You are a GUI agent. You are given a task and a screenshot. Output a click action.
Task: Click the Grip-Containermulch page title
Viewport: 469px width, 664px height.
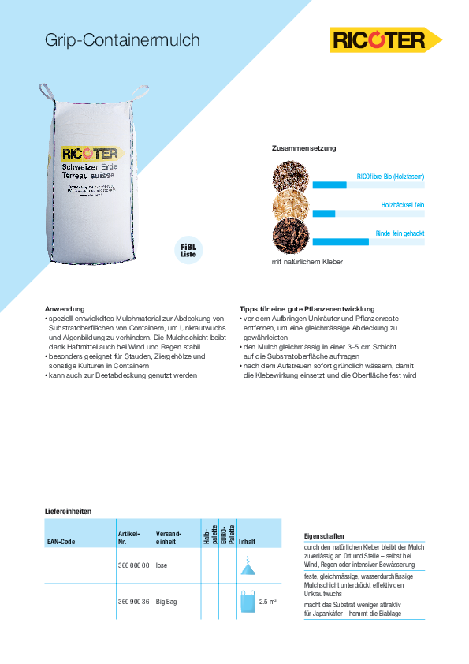click(x=122, y=40)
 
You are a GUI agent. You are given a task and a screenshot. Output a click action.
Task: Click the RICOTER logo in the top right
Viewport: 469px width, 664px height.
click(x=385, y=39)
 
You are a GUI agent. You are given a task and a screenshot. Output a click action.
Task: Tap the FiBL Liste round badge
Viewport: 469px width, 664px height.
click(x=188, y=251)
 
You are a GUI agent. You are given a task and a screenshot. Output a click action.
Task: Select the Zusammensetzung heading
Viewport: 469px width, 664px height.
click(x=303, y=148)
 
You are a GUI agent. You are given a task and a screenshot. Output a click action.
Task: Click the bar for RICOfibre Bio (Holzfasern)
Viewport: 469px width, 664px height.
click(x=329, y=185)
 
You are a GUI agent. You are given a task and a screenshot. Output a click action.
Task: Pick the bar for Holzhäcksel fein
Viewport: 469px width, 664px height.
click(x=324, y=214)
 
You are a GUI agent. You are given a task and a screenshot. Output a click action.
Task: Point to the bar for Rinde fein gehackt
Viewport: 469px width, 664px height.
click(x=341, y=241)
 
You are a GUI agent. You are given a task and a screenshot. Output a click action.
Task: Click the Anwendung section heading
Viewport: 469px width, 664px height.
click(x=65, y=308)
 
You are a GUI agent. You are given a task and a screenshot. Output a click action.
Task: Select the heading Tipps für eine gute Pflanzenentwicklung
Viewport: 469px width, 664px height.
click(x=307, y=308)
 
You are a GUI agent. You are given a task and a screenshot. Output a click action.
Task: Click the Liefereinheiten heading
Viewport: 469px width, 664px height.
click(x=68, y=512)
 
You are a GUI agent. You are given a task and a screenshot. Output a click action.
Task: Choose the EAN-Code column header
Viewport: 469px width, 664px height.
click(x=61, y=542)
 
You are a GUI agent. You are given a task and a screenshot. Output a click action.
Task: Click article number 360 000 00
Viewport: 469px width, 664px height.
click(x=132, y=565)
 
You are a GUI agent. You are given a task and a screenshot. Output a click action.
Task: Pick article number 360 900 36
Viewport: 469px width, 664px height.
click(x=132, y=602)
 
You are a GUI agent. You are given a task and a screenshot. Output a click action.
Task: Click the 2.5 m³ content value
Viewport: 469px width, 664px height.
click(x=267, y=602)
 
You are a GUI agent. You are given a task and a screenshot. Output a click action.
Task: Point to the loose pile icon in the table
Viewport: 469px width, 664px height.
click(x=248, y=565)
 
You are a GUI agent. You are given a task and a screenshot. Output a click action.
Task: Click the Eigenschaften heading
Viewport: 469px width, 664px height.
click(x=323, y=535)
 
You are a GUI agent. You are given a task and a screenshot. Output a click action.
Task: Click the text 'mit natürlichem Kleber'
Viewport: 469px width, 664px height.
click(x=307, y=261)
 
